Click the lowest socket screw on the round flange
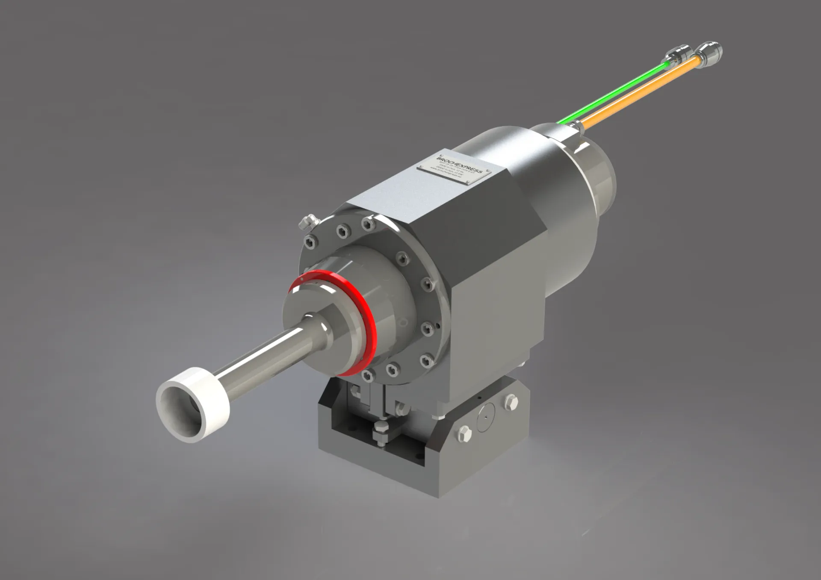[367, 376]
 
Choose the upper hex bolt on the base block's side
[511, 402]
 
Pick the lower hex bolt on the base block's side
[464, 433]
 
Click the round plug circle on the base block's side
[486, 417]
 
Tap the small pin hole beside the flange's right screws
[438, 325]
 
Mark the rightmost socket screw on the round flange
[428, 284]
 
